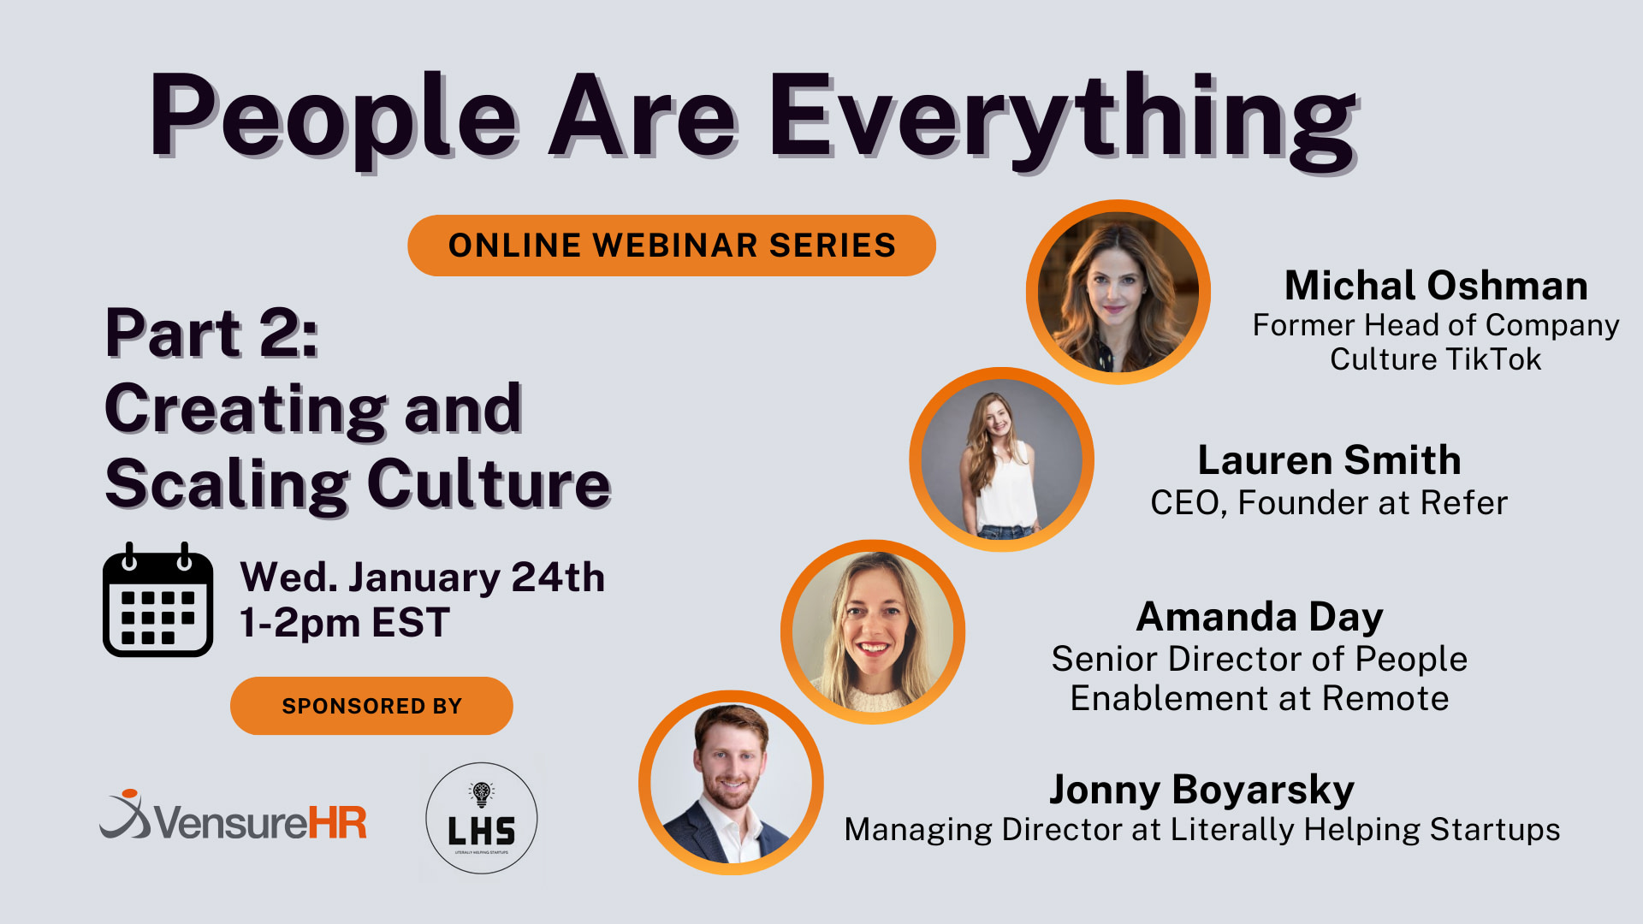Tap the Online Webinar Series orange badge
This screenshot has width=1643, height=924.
coord(672,246)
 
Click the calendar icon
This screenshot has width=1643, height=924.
coord(158,601)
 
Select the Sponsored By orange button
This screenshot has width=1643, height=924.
coord(371,706)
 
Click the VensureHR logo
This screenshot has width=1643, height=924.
coord(234,817)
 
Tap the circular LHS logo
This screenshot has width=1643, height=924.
coord(482,818)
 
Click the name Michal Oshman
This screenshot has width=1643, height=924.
coord(1436,286)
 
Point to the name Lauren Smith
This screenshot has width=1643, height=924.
coord(1329,460)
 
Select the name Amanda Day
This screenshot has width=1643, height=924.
coord(1260,617)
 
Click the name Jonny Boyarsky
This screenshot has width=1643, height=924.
coord(1201,790)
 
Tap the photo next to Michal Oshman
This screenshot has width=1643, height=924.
coord(1118,292)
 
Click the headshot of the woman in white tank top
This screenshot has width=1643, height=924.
coord(1001,459)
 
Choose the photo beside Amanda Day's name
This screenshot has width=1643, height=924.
coord(873,631)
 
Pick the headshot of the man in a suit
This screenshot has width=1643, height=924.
coord(731,783)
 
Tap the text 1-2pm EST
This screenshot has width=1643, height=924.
coord(344,623)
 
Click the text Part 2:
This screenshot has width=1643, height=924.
coord(211,333)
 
